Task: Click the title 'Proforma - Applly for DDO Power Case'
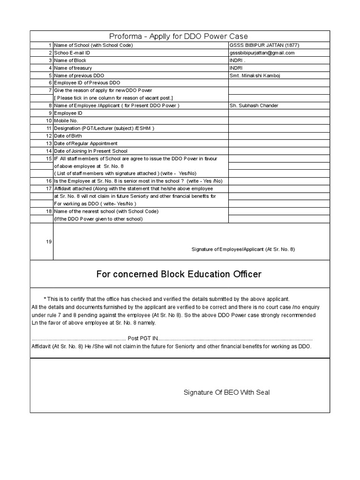179,36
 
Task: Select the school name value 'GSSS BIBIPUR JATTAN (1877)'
264,45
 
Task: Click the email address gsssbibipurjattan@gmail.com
262,52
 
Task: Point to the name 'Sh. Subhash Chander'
254,105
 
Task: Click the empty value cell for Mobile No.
278,120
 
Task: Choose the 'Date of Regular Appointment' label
86,143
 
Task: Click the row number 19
49,241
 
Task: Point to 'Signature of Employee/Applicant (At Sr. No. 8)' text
243,249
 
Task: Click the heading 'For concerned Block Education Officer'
179,274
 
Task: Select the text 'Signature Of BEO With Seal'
226,392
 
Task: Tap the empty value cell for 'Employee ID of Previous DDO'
278,82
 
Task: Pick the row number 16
49,180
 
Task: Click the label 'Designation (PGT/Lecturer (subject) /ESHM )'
104,128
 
